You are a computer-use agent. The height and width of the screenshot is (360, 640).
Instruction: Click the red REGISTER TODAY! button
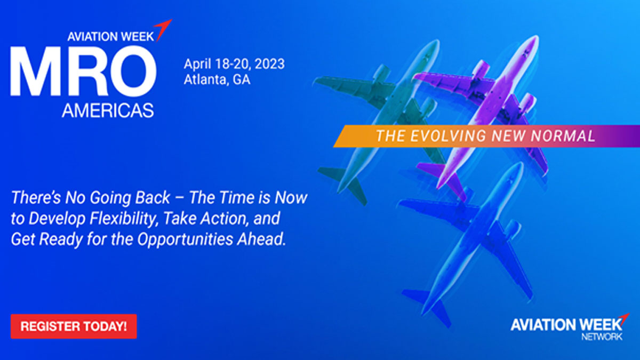tap(74, 326)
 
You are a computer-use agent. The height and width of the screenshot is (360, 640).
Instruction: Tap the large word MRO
tap(83, 71)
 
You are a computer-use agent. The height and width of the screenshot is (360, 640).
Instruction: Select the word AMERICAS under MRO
tap(108, 110)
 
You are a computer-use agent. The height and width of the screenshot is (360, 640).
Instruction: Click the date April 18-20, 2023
tap(234, 65)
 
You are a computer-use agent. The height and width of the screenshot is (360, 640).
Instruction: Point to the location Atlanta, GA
tap(217, 79)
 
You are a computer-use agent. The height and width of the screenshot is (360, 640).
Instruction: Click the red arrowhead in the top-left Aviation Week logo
tap(163, 29)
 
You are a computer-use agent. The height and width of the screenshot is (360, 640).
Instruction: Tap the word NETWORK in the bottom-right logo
tap(602, 337)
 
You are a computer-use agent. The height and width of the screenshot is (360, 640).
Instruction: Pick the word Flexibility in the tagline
tap(123, 219)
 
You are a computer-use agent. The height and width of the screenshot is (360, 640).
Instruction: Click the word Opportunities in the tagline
tap(185, 239)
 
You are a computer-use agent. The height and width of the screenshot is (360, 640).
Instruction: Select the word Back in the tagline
tap(153, 198)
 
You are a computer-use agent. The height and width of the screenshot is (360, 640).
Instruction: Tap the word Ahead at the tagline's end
tap(261, 239)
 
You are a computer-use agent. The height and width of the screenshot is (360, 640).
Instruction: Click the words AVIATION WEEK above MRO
tap(110, 37)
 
